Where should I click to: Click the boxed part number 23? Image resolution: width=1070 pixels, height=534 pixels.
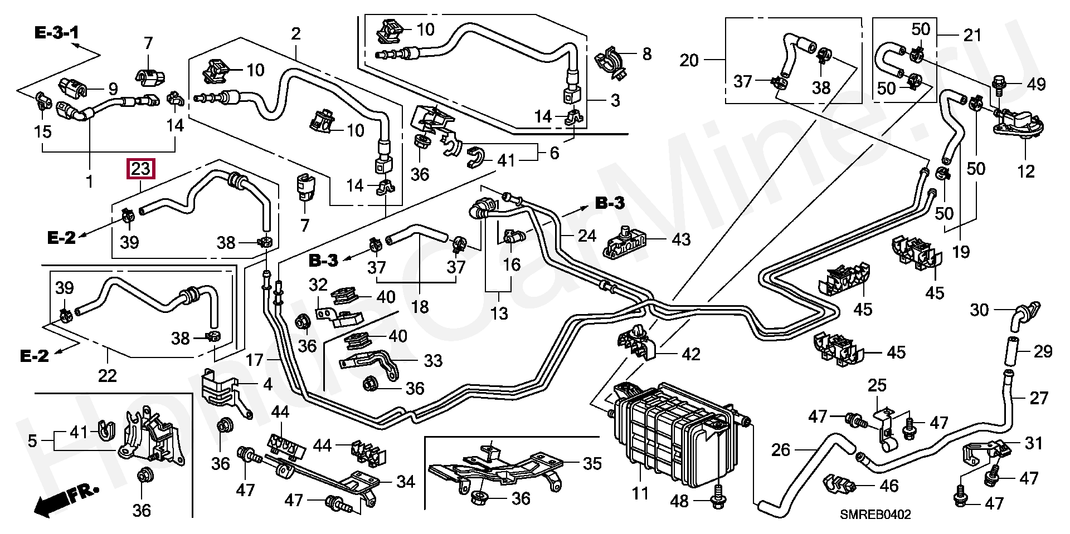[141, 168]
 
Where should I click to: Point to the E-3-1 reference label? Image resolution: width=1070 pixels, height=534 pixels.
[57, 33]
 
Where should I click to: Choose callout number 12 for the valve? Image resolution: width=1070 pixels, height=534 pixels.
[1025, 171]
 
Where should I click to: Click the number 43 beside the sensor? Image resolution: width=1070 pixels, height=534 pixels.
[681, 239]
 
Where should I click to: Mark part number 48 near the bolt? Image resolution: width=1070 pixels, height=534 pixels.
[679, 502]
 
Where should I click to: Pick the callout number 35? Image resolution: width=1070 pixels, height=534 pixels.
[592, 463]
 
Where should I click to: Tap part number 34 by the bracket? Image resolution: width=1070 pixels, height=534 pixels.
[406, 482]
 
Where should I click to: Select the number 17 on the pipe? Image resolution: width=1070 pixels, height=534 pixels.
[254, 360]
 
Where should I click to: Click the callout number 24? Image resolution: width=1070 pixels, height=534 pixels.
[587, 236]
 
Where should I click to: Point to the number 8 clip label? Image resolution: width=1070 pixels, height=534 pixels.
[646, 54]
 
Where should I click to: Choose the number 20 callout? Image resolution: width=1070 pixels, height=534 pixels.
[689, 60]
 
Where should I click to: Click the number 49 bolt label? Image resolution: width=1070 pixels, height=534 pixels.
[1036, 85]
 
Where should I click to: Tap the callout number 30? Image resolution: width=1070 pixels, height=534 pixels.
[979, 310]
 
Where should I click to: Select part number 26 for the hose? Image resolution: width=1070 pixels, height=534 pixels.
[781, 450]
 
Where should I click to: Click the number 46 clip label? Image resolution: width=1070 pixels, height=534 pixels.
[889, 486]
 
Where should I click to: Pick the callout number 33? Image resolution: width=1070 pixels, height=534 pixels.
[433, 361]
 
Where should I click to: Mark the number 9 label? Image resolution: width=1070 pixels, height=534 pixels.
[113, 89]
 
